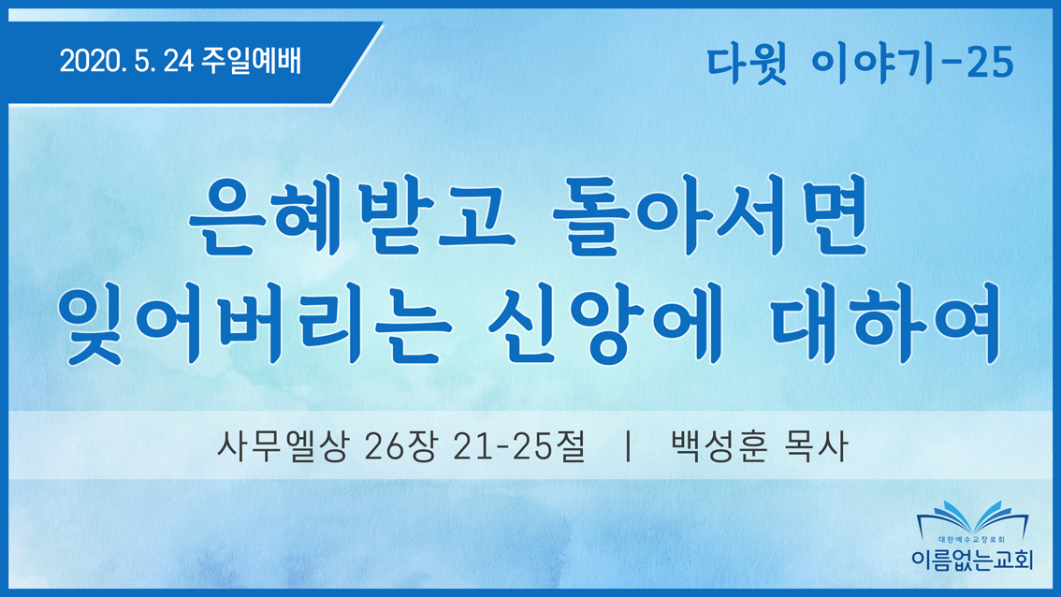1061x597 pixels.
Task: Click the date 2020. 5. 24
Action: pyautogui.click(x=126, y=62)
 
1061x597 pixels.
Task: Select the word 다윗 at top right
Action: pyautogui.click(x=747, y=64)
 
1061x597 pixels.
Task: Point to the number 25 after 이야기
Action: pyautogui.click(x=990, y=63)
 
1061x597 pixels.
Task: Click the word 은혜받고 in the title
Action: pyautogui.click(x=351, y=216)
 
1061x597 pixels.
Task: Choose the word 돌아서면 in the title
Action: pyautogui.click(x=710, y=215)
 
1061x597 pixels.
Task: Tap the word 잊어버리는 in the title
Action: pyautogui.click(x=254, y=325)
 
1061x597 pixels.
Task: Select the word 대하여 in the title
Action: pyautogui.click(x=886, y=324)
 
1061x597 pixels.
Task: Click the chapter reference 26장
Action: pyautogui.click(x=400, y=446)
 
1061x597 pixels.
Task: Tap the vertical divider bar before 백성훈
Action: pyautogui.click(x=629, y=446)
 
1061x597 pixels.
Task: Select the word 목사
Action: pyautogui.click(x=815, y=446)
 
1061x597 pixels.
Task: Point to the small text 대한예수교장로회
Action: pyautogui.click(x=972, y=540)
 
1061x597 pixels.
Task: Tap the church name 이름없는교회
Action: pyautogui.click(x=972, y=559)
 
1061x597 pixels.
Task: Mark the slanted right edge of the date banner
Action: pyautogui.click(x=357, y=64)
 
